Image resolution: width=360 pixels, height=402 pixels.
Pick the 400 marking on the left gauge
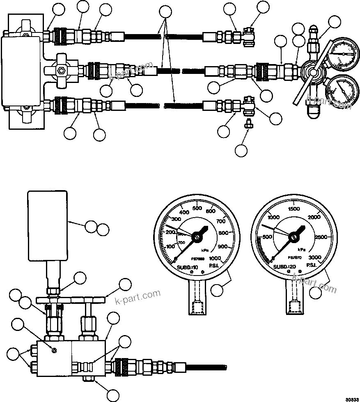[184, 212]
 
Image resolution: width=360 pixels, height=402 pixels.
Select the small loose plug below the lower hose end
[248, 124]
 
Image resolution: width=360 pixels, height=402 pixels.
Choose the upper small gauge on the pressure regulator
[343, 53]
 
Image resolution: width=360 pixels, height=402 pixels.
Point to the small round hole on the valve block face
[54, 350]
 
